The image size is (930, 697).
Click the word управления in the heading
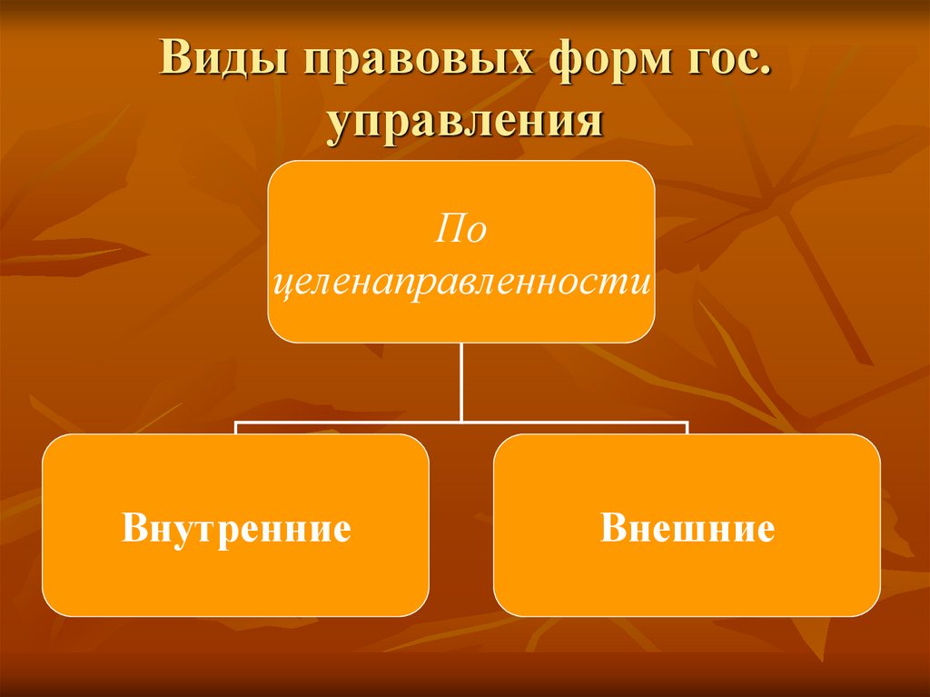point(465,122)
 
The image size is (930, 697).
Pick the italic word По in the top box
point(460,230)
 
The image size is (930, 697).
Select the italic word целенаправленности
point(461,283)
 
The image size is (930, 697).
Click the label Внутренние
point(236,528)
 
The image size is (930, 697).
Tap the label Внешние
point(688,528)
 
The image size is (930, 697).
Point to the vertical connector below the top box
point(461,382)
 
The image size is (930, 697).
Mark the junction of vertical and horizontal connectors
point(461,422)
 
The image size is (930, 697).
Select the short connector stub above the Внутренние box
point(236,428)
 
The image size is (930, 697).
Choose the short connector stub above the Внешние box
point(688,428)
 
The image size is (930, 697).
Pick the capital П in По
point(447,229)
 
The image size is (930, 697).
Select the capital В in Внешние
point(612,528)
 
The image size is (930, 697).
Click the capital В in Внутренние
point(134,528)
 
